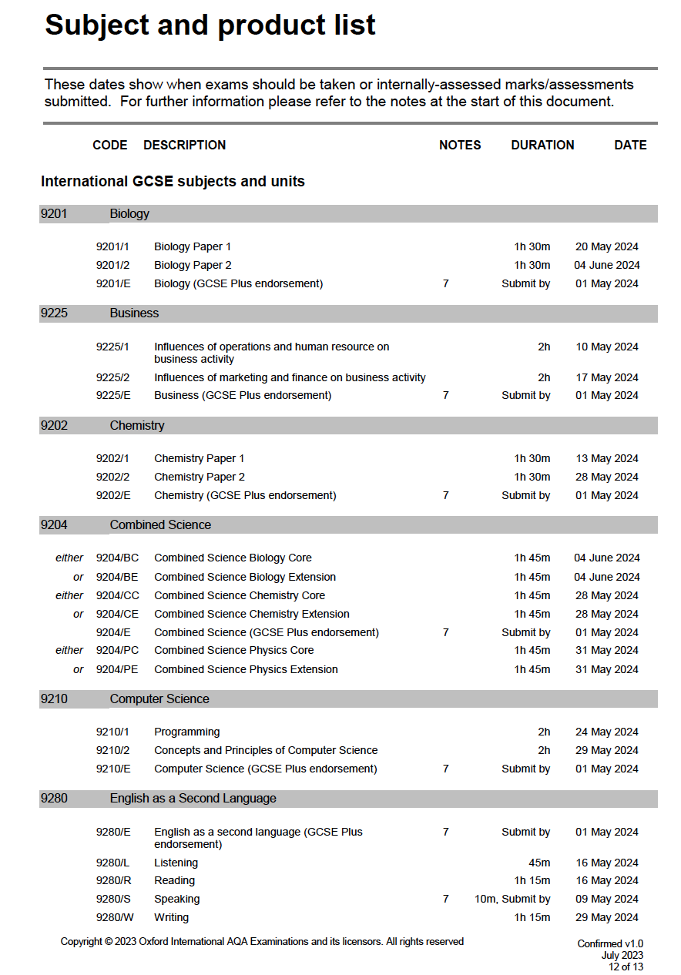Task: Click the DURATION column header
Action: click(542, 145)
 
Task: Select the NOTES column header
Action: click(460, 145)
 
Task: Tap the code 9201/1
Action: click(112, 246)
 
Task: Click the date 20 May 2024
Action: click(607, 246)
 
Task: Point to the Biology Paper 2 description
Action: click(193, 265)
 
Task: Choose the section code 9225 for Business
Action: click(54, 313)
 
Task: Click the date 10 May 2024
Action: click(607, 347)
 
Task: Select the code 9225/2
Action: click(112, 377)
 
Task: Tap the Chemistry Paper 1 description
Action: click(199, 458)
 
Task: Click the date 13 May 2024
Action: click(607, 458)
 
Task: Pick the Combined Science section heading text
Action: click(160, 525)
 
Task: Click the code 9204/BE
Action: click(117, 577)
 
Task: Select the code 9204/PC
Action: click(117, 650)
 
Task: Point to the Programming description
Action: click(186, 732)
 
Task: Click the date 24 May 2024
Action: click(607, 732)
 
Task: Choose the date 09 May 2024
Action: click(607, 899)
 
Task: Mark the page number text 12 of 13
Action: click(626, 967)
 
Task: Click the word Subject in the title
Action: click(96, 25)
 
